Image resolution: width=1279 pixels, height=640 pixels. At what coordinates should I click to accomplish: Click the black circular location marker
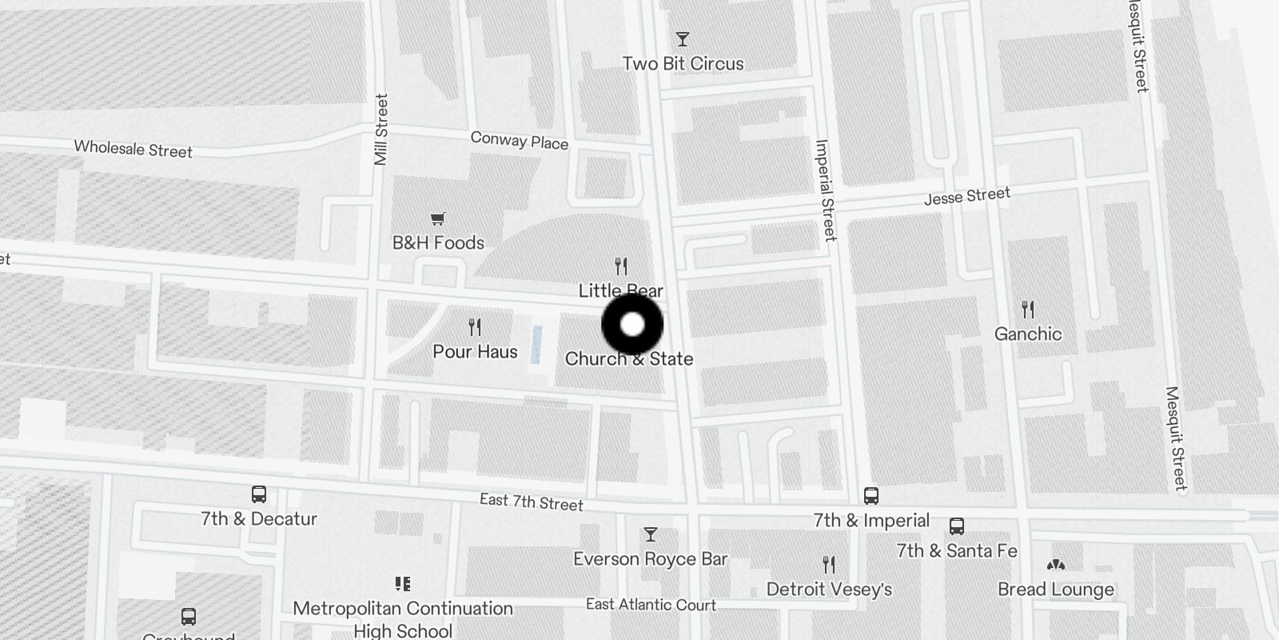point(632,325)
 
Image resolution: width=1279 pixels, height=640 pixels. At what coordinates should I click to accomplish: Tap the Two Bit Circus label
point(683,64)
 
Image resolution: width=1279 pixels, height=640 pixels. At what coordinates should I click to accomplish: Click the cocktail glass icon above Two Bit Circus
point(682,39)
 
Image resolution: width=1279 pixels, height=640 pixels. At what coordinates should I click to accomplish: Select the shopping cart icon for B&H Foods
point(437,218)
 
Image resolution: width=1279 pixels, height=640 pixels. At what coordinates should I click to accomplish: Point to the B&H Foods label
point(438,243)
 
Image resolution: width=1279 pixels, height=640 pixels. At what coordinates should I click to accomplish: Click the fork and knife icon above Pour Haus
point(475,326)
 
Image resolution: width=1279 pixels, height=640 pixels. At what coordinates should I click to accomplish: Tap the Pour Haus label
point(475,352)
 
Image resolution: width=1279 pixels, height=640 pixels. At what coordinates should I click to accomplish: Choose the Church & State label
point(629,359)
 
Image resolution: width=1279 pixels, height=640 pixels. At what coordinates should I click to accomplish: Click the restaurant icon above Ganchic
point(1028,309)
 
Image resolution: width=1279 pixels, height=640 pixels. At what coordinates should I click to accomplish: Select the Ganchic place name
point(1028,334)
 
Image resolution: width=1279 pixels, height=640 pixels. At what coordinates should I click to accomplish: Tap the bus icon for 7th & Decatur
point(259,494)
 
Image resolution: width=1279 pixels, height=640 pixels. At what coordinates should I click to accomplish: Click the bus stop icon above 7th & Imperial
point(871,496)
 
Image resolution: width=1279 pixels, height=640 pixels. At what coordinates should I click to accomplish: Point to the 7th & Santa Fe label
point(957,551)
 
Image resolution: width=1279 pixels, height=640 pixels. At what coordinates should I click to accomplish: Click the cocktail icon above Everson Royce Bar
point(651,534)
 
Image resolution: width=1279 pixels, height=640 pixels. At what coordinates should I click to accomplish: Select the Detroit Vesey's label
point(829,590)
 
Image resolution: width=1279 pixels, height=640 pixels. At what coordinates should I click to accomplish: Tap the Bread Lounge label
point(1056,590)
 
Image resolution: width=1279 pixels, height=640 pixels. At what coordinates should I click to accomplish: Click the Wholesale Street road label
point(133,150)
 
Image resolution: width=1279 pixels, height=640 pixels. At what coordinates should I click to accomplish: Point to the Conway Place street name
point(520,141)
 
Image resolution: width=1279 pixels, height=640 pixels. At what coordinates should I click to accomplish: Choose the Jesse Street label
point(967,196)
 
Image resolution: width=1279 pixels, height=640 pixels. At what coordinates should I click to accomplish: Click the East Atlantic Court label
point(651,605)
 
